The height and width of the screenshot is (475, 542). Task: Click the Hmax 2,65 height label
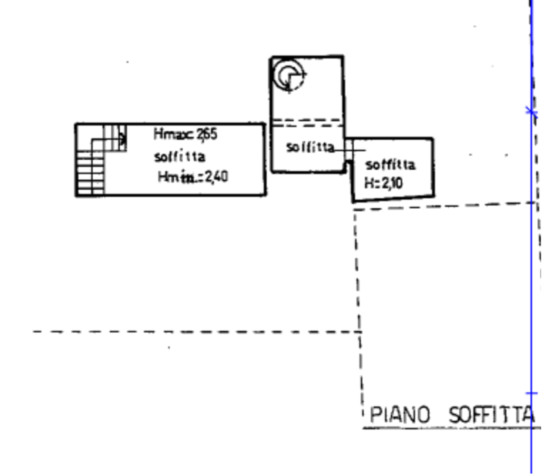(x=185, y=135)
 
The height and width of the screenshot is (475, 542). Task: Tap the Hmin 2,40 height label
(x=193, y=177)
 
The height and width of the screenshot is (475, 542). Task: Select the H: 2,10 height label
(x=384, y=183)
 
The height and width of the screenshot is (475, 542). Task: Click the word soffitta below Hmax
(x=180, y=156)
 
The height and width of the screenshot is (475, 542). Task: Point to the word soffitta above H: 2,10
(x=390, y=165)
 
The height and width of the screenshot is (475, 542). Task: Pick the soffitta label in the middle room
(x=310, y=147)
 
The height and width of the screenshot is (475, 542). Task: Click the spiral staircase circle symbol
(x=289, y=76)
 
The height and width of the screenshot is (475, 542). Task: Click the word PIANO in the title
(x=399, y=415)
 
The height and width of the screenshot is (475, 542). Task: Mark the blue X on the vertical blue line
(x=532, y=112)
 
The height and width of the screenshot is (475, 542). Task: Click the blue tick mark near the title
(x=532, y=393)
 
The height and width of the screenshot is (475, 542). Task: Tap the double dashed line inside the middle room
(x=307, y=123)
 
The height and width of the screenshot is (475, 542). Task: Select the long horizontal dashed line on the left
(x=190, y=331)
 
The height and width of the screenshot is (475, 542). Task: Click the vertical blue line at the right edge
(x=532, y=262)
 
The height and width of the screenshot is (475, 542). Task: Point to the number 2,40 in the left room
(x=216, y=177)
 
